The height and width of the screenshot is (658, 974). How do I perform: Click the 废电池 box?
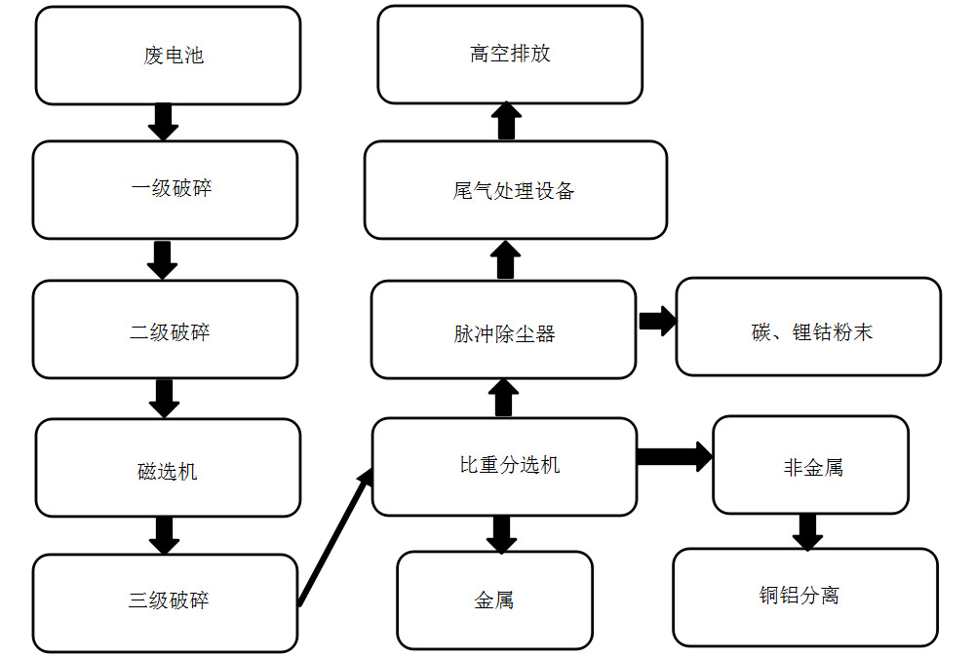pyautogui.click(x=168, y=56)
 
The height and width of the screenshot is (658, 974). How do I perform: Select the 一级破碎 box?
pyautogui.click(x=165, y=189)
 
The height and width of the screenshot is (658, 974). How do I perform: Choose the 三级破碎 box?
pyautogui.click(x=165, y=602)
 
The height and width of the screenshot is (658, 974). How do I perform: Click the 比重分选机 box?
pyautogui.click(x=504, y=467)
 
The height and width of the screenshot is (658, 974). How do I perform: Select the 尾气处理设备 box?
pyautogui.click(x=515, y=190)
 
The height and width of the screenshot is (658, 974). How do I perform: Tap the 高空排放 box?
pyautogui.click(x=510, y=54)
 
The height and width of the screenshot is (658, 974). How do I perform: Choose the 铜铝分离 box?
pyautogui.click(x=805, y=597)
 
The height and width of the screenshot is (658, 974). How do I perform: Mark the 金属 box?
pyautogui.click(x=494, y=600)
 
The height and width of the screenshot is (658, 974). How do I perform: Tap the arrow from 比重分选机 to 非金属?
pyautogui.click(x=674, y=456)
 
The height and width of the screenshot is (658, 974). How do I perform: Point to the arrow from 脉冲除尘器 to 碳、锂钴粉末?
pyautogui.click(x=657, y=322)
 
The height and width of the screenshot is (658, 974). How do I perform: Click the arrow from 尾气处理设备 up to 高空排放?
pyautogui.click(x=506, y=121)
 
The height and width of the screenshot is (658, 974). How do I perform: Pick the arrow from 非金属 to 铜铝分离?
pyautogui.click(x=807, y=531)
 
